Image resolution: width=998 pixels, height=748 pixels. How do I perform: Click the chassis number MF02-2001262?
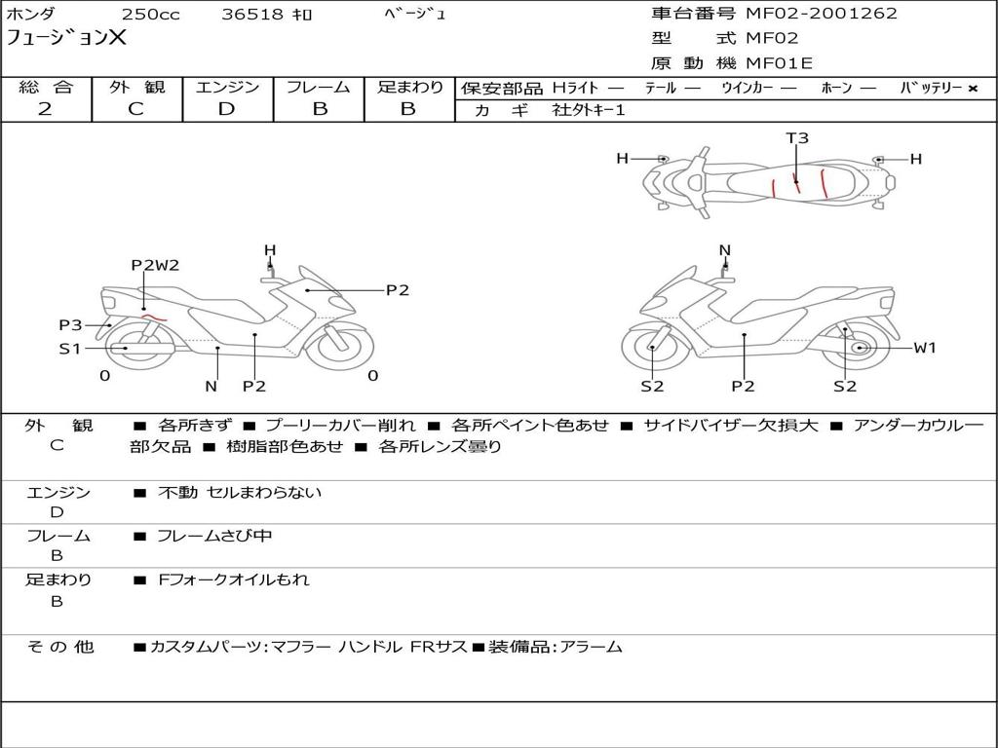coord(821,14)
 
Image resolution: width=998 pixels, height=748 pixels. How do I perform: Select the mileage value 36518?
coord(252,15)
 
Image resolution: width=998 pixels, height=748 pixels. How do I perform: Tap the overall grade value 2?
coord(45,109)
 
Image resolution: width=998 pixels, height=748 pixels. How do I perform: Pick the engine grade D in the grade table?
coord(226,109)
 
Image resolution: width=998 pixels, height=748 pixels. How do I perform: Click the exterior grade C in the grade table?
coord(135,109)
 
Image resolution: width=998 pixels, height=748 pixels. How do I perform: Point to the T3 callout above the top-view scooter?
coord(797,138)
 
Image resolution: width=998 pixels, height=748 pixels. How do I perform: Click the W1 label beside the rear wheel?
coord(924,348)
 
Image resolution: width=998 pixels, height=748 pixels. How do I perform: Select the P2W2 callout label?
coord(155,265)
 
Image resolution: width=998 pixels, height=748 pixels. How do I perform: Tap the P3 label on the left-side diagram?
coord(70,325)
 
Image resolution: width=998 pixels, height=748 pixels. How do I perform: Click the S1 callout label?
coord(69,348)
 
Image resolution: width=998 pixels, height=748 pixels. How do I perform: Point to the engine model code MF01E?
coord(779,64)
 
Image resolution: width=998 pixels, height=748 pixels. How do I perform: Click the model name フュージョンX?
coord(66,39)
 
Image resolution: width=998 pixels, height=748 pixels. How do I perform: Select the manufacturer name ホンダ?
coord(31,15)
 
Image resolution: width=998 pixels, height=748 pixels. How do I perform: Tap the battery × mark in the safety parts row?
coord(972,89)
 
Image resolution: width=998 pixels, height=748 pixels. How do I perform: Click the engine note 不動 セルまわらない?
coord(239,493)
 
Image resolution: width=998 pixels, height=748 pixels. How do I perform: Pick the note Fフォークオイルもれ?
coord(233,580)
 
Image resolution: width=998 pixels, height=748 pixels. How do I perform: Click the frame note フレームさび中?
coord(214,536)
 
